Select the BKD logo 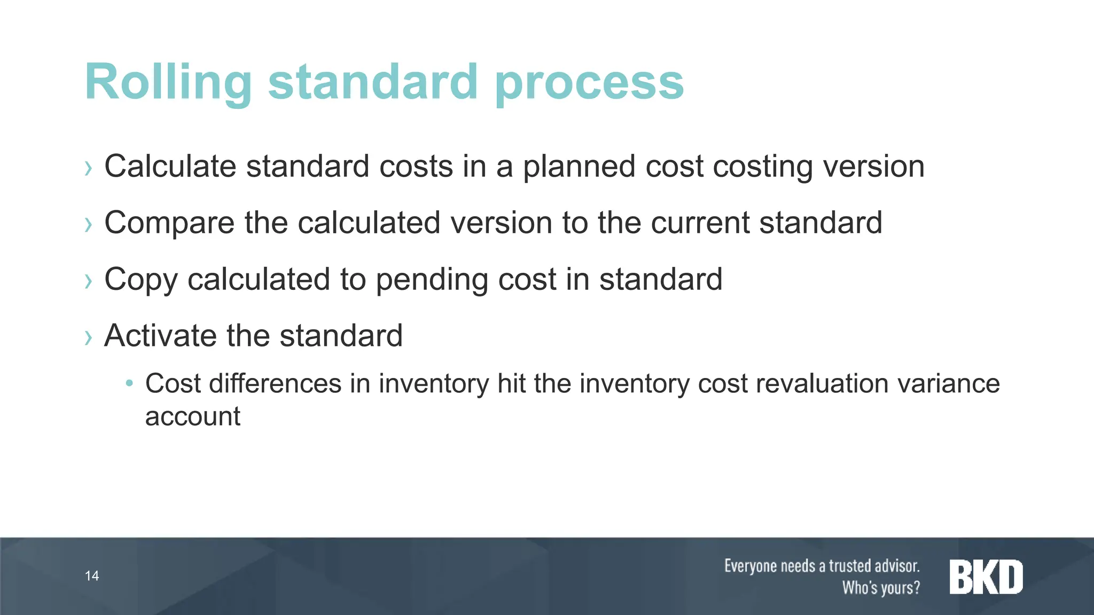pos(986,577)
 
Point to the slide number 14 pos(92,575)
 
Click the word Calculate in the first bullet pos(170,166)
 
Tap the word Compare pos(169,223)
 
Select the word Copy pos(141,280)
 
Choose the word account pos(193,416)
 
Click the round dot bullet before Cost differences pos(129,383)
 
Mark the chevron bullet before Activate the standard pos(88,337)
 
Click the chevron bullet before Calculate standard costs pos(88,168)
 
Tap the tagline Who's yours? pos(881,588)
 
